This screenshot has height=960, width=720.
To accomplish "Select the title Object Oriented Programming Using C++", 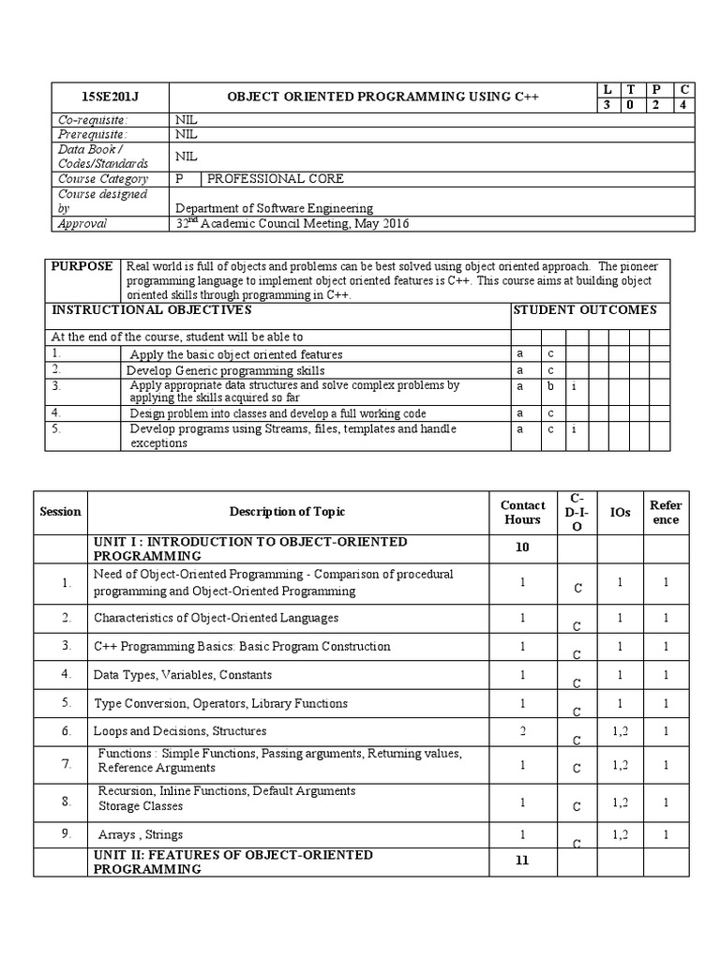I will pos(384,97).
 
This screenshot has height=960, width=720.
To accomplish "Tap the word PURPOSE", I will pos(82,266).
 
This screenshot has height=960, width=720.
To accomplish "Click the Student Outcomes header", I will pos(585,310).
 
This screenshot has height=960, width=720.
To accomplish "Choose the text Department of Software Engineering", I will pos(274,208).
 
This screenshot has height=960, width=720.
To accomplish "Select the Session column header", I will pos(60,512).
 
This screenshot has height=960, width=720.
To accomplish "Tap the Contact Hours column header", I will pos(522,512).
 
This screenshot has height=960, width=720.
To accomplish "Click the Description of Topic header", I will pos(287,512).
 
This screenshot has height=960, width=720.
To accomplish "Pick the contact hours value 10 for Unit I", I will pos(522,547).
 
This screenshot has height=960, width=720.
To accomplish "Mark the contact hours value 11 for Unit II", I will pos(522,861).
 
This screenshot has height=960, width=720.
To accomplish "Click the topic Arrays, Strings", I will pos(141,834).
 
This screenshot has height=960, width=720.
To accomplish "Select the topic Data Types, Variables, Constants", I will pos(183,675).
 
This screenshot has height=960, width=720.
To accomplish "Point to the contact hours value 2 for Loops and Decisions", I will pos(522,730).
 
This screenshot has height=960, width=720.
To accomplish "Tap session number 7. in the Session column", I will pos(67,764).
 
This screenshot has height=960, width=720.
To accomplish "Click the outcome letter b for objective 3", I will pos(551,386).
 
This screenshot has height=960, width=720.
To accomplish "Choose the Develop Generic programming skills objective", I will pos(225,370).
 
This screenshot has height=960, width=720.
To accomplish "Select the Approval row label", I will pos(82,224).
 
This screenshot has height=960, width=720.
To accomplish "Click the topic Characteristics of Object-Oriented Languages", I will pos(216,619).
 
